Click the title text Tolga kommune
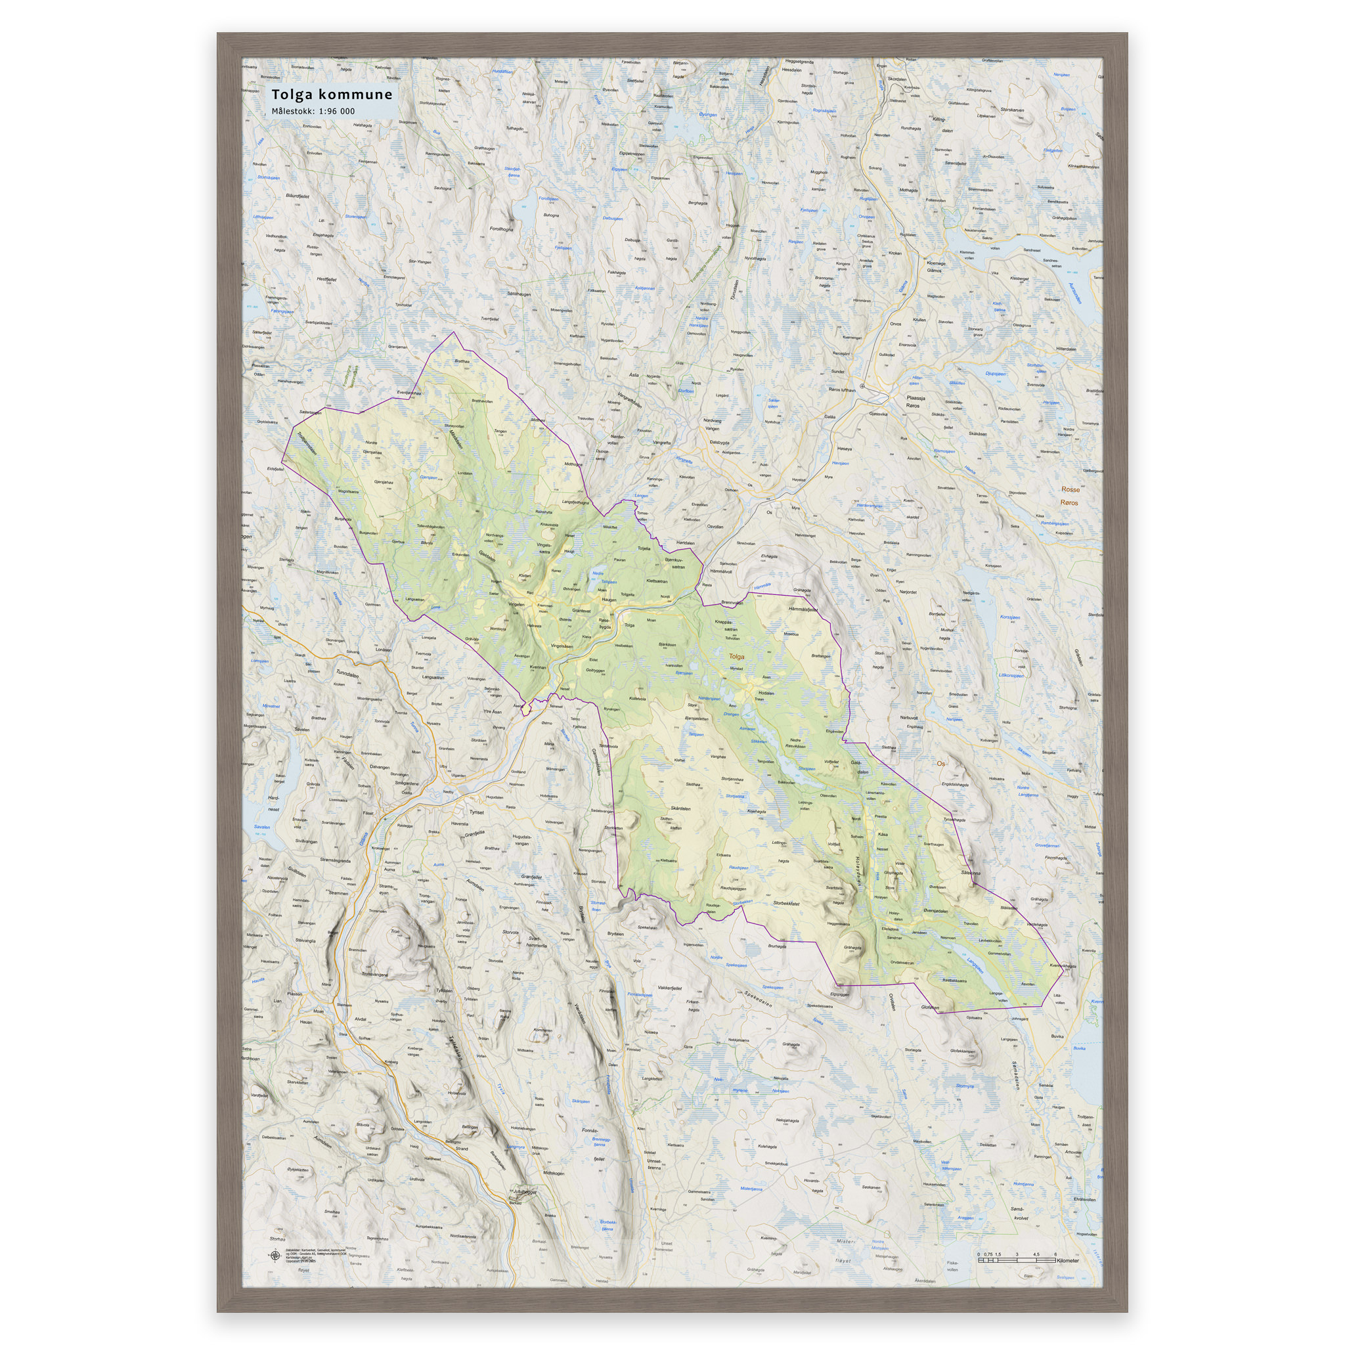pyautogui.click(x=332, y=95)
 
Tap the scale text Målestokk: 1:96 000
pyautogui.click(x=313, y=112)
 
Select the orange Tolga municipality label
pyautogui.click(x=736, y=657)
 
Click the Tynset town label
pyautogui.click(x=476, y=812)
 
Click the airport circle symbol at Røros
pyautogui.click(x=862, y=386)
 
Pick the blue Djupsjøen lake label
pyautogui.click(x=995, y=374)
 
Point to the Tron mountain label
pyautogui.click(x=395, y=931)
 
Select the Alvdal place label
pyautogui.click(x=361, y=1019)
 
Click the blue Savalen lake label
pyautogui.click(x=262, y=827)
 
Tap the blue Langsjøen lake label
pyautogui.click(x=975, y=967)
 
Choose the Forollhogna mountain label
pyautogui.click(x=501, y=229)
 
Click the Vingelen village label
pyautogui.click(x=517, y=604)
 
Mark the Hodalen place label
pyautogui.click(x=766, y=694)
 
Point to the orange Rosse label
pyautogui.click(x=1070, y=489)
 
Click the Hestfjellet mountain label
pyautogui.click(x=326, y=279)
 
